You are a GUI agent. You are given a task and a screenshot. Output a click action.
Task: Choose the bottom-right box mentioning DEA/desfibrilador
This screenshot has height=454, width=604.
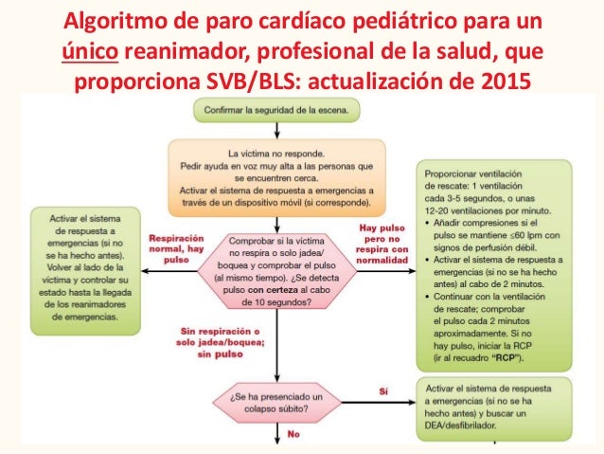pos(493,404)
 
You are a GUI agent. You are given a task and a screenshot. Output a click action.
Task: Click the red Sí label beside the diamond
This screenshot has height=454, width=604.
pos(382,390)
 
